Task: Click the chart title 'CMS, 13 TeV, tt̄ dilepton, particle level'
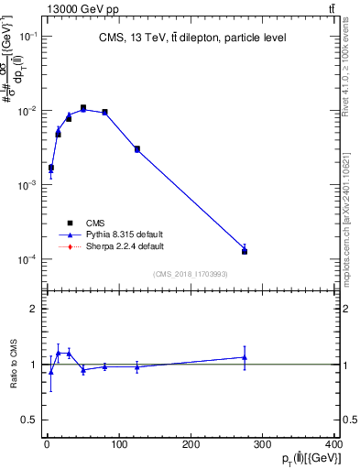click(192, 38)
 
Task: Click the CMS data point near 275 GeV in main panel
click(245, 250)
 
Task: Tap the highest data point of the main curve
click(83, 108)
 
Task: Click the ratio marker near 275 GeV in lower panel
click(245, 357)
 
